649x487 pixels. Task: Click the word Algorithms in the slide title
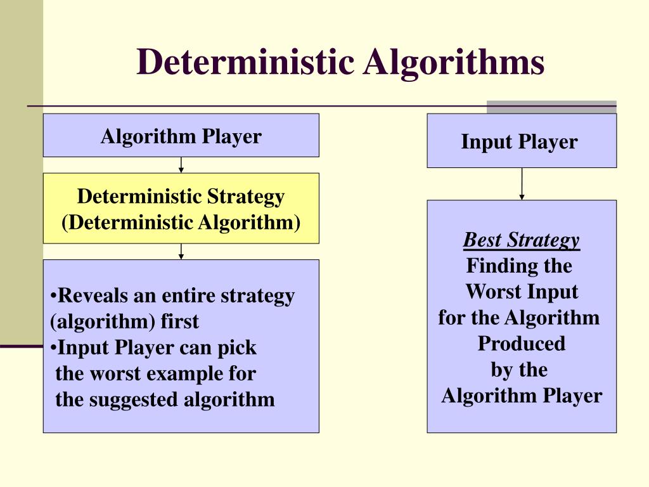click(x=454, y=63)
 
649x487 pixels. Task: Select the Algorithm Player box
click(x=181, y=136)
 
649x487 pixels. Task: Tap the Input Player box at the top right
click(x=521, y=141)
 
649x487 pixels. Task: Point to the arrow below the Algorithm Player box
click(x=181, y=165)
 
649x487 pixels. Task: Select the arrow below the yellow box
click(x=181, y=251)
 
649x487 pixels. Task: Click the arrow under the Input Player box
click(x=522, y=184)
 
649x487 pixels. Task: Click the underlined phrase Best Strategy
click(x=521, y=240)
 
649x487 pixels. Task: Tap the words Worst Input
click(x=522, y=292)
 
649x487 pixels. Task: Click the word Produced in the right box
click(x=521, y=344)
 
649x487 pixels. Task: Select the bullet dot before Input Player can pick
click(x=54, y=348)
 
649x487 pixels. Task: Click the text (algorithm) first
click(x=124, y=321)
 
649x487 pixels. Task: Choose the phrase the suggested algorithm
click(x=165, y=399)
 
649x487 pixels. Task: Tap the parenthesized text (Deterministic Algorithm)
click(x=181, y=223)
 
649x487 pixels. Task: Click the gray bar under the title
click(x=551, y=107)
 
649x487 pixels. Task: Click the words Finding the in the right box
click(x=519, y=266)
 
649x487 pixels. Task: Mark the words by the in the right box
click(x=519, y=370)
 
